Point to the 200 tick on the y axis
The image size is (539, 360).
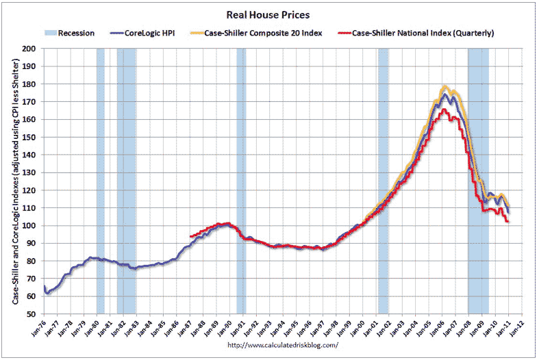(x=30, y=49)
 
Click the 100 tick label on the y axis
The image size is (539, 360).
(x=30, y=226)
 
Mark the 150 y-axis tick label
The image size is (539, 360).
(x=30, y=137)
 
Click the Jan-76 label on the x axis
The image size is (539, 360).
(x=42, y=327)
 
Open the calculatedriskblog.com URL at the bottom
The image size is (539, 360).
(x=282, y=345)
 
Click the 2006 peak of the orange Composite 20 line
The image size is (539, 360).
(x=445, y=86)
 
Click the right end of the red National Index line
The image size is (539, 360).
(x=507, y=222)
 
